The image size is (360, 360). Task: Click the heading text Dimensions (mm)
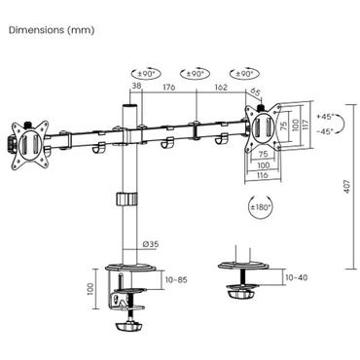click(52, 30)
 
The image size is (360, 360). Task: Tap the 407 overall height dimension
click(347, 187)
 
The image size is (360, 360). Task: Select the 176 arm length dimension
click(169, 87)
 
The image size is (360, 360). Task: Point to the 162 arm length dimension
click(221, 87)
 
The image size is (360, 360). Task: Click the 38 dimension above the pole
click(136, 86)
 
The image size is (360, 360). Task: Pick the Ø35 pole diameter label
click(151, 244)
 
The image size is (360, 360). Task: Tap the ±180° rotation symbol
click(260, 207)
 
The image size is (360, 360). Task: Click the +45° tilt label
click(325, 116)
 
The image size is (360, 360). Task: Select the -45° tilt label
click(325, 131)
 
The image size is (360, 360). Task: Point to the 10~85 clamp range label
click(176, 279)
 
